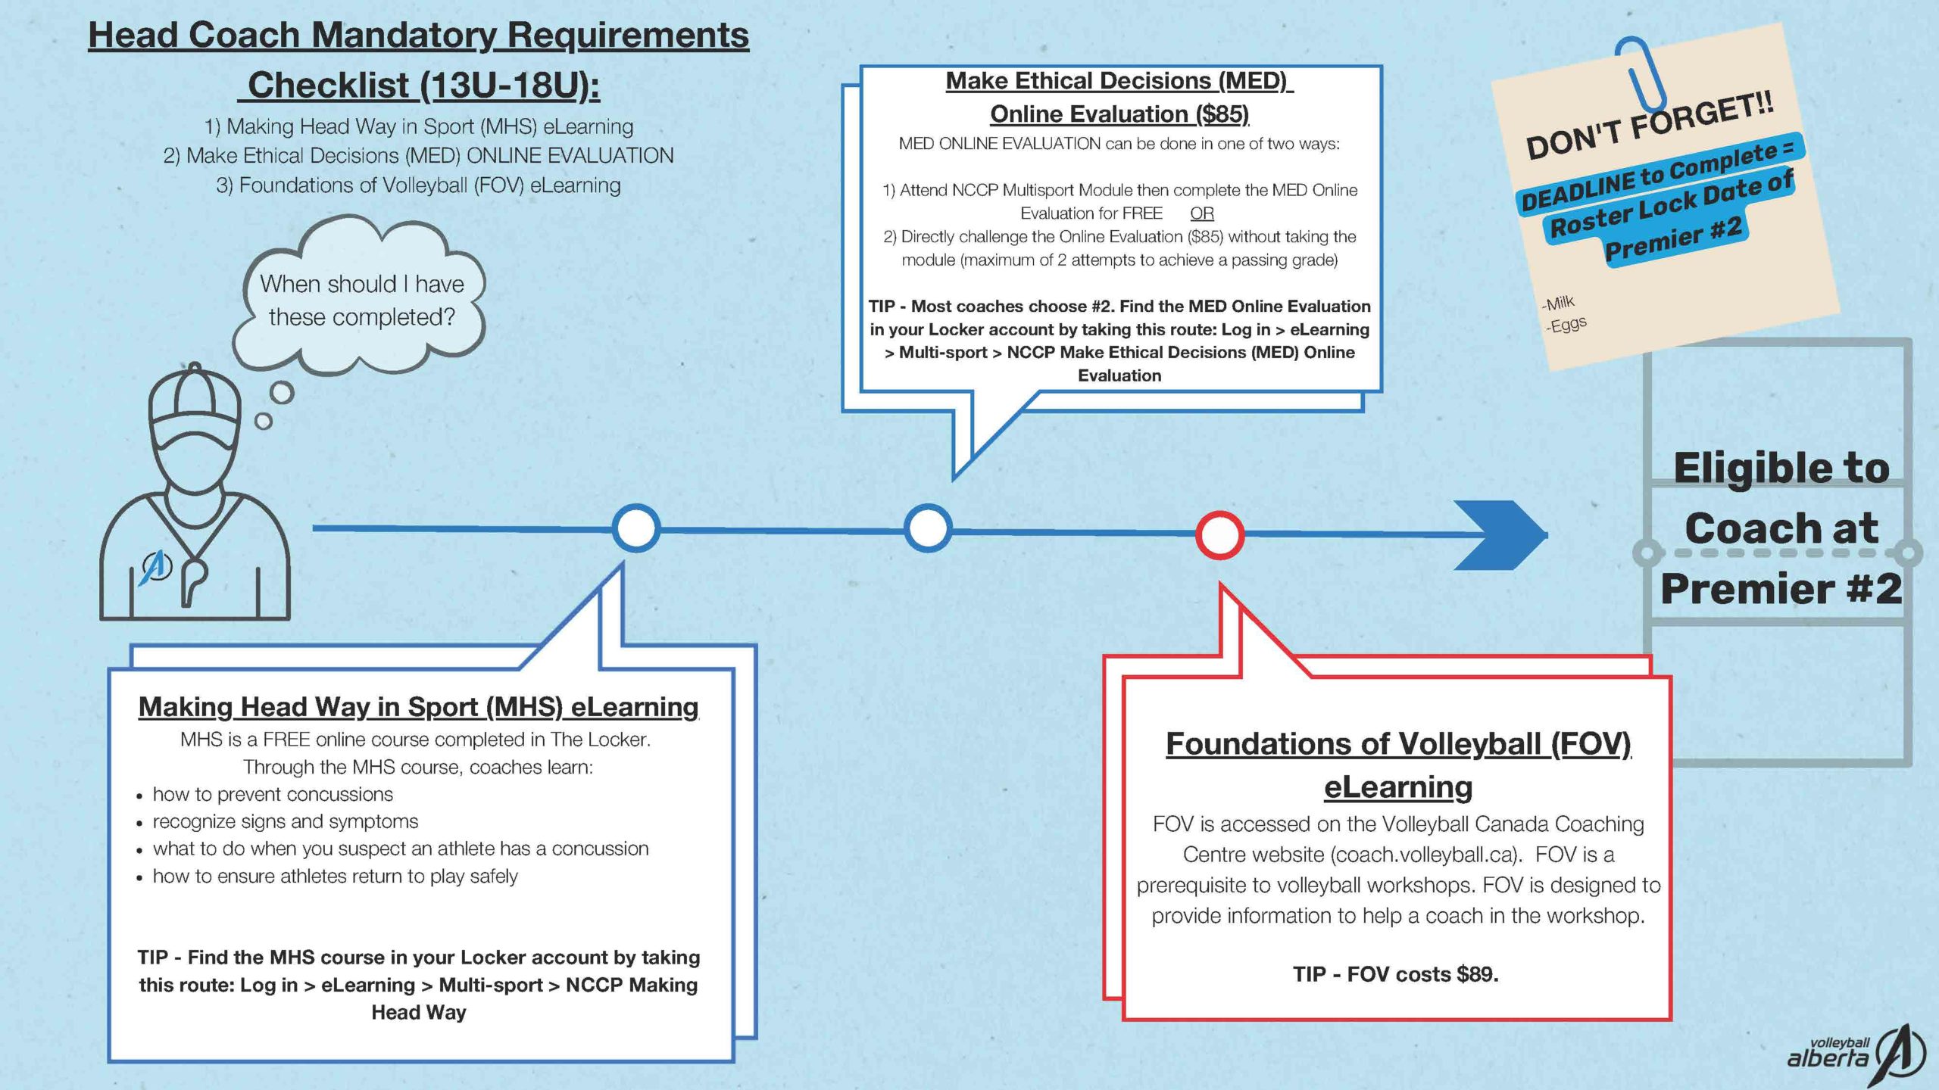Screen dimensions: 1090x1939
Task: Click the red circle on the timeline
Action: (x=1219, y=535)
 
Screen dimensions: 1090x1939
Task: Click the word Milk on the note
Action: (x=1559, y=304)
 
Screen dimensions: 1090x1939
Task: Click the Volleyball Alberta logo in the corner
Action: (x=1856, y=1054)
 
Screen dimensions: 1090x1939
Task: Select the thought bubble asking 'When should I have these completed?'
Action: (x=361, y=301)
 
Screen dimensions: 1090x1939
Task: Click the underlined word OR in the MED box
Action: (x=1202, y=213)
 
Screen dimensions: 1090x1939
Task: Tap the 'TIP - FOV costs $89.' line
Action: (x=1395, y=974)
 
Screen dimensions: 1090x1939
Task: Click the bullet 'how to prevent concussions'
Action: (x=273, y=794)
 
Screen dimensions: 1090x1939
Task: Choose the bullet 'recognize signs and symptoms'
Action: (x=285, y=821)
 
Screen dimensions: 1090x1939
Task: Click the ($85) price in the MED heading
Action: (x=1222, y=114)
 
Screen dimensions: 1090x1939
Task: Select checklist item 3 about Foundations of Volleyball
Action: (x=418, y=185)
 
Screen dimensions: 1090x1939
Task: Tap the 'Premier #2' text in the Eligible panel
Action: (x=1781, y=589)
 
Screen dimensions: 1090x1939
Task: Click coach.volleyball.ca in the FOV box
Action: (x=1424, y=855)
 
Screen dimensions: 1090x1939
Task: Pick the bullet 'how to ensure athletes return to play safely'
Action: (x=335, y=876)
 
